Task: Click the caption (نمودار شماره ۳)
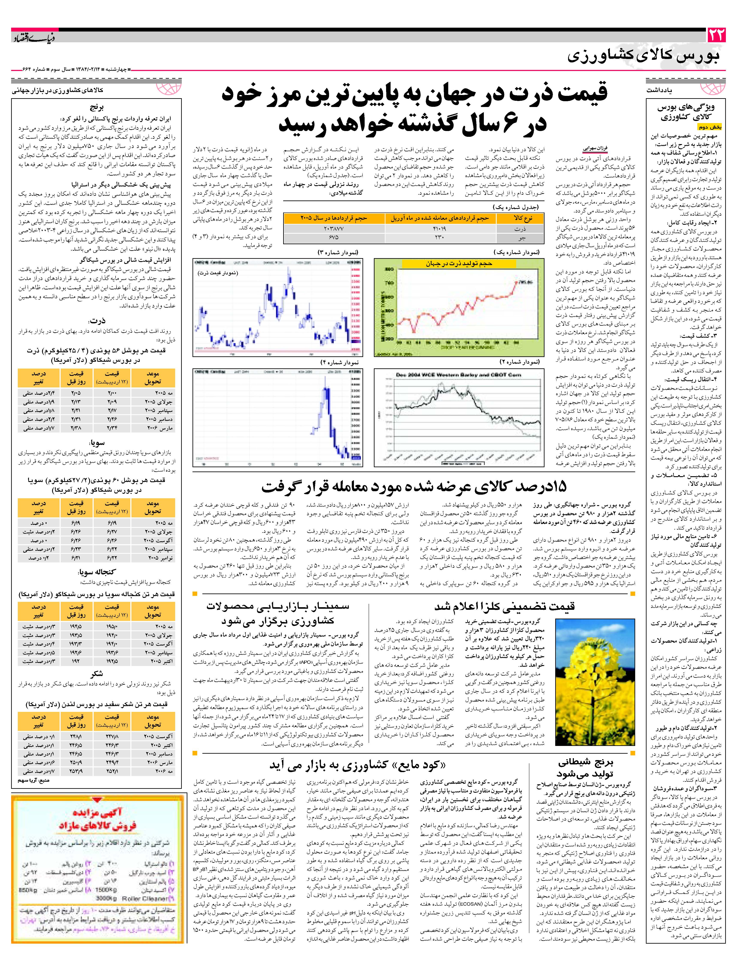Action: point(337,253)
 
